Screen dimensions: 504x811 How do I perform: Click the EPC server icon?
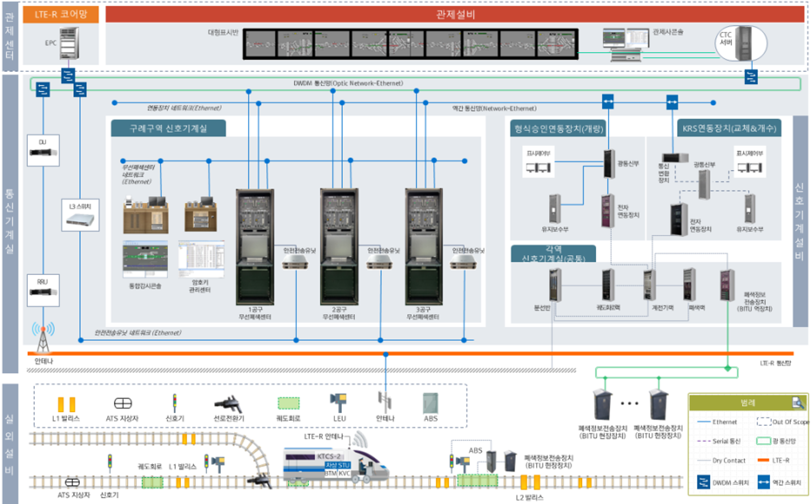pos(69,43)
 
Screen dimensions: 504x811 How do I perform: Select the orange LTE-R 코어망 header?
pos(61,15)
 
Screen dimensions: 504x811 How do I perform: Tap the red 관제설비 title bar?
pos(454,14)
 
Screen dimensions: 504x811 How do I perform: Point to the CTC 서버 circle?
pos(741,43)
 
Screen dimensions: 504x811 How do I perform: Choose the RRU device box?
pos(43,290)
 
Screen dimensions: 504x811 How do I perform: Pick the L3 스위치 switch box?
pos(80,215)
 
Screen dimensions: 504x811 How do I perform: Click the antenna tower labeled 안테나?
pos(43,339)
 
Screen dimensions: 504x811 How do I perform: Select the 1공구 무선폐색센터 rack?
pos(255,247)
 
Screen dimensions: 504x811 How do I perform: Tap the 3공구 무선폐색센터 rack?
pos(423,247)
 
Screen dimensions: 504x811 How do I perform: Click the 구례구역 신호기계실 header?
pos(168,128)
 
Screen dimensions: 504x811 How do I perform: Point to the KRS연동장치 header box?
pos(729,128)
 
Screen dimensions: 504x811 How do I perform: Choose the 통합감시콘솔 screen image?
pos(145,259)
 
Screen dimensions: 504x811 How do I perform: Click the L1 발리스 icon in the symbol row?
pos(66,404)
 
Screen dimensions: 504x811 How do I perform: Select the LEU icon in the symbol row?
pos(339,403)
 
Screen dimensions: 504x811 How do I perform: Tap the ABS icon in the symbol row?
pos(430,403)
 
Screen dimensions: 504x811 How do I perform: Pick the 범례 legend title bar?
pos(748,403)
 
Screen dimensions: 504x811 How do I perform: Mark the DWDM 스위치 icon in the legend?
pos(703,482)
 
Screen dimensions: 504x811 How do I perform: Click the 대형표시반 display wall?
pos(410,44)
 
